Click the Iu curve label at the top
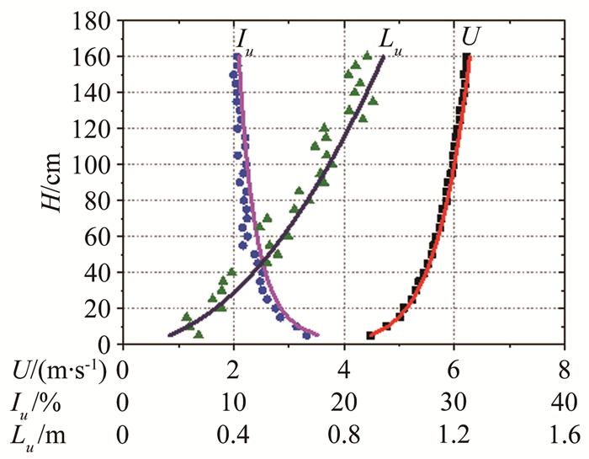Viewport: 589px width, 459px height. click(x=245, y=40)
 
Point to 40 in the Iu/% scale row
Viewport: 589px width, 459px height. click(x=565, y=403)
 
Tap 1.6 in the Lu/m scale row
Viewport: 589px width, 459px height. click(x=565, y=435)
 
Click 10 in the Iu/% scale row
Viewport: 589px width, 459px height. click(x=233, y=403)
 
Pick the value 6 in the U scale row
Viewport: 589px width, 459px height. click(x=454, y=371)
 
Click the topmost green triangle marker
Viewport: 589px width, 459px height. click(x=367, y=56)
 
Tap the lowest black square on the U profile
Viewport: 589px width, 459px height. click(x=370, y=335)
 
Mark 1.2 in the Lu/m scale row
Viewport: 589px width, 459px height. click(x=454, y=435)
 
